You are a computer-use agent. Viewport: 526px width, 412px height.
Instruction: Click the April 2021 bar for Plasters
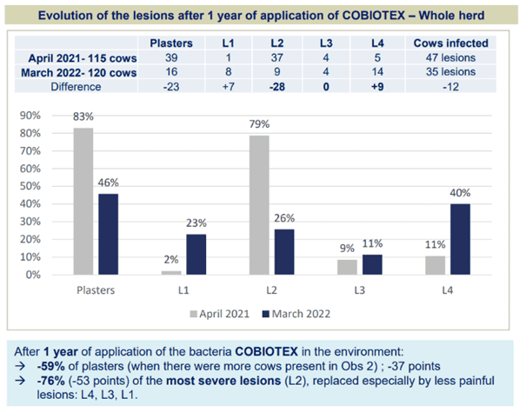click(84, 202)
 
